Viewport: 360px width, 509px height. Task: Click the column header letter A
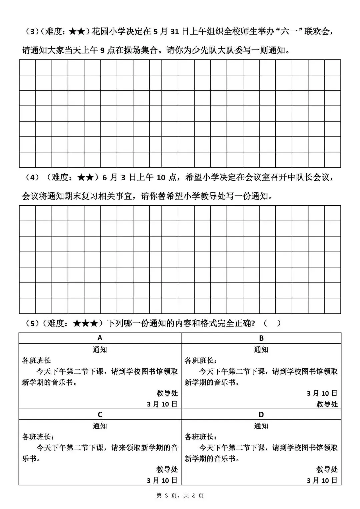pos(100,338)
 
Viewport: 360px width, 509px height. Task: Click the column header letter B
pos(261,338)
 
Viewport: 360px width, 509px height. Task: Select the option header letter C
pos(100,414)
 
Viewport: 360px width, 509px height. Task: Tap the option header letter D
pos(261,414)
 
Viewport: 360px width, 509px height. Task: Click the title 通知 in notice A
pos(100,350)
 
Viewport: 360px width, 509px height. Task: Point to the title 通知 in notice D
pos(261,426)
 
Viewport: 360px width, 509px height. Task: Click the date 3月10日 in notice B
pos(322,393)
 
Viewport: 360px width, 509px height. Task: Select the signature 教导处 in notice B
pos(327,404)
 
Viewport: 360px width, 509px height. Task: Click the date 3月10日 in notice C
pos(162,480)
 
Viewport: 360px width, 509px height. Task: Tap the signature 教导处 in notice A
pos(167,393)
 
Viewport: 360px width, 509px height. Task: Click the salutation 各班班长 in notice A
pos(36,361)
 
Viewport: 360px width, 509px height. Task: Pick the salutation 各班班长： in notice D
pos(201,437)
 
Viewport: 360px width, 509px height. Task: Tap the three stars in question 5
pos(85,323)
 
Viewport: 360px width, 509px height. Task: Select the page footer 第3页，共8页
pos(180,496)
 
